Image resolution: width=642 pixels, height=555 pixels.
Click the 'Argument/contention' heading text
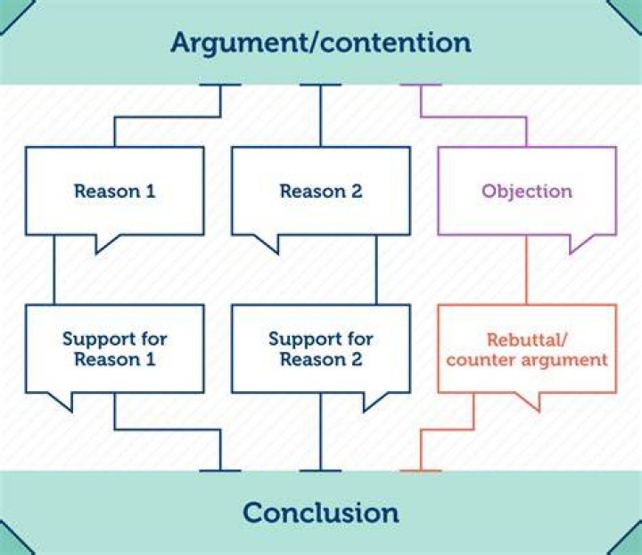[x=321, y=43]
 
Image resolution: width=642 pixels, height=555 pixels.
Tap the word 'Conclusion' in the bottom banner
[x=321, y=512]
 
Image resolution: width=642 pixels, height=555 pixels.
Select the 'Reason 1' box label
[x=115, y=191]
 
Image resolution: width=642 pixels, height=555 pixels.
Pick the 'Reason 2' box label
[x=321, y=191]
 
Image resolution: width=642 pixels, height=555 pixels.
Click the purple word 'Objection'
[x=527, y=191]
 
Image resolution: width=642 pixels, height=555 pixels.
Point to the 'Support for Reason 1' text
[x=115, y=349]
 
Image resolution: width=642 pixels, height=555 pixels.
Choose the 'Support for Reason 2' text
[x=321, y=349]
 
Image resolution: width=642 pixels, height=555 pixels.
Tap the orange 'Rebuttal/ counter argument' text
[x=527, y=350]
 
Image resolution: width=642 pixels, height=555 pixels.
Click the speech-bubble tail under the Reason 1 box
[x=105, y=243]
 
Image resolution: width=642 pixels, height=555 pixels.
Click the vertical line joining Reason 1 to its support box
[x=54, y=270]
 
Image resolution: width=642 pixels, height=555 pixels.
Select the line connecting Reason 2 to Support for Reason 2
[x=376, y=270]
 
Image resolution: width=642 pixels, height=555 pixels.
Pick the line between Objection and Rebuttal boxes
[x=527, y=270]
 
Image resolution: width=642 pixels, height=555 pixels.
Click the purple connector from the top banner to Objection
[x=473, y=118]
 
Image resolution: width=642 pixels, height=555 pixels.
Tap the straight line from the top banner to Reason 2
[x=321, y=116]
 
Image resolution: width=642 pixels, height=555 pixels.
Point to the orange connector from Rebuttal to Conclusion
[x=448, y=430]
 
